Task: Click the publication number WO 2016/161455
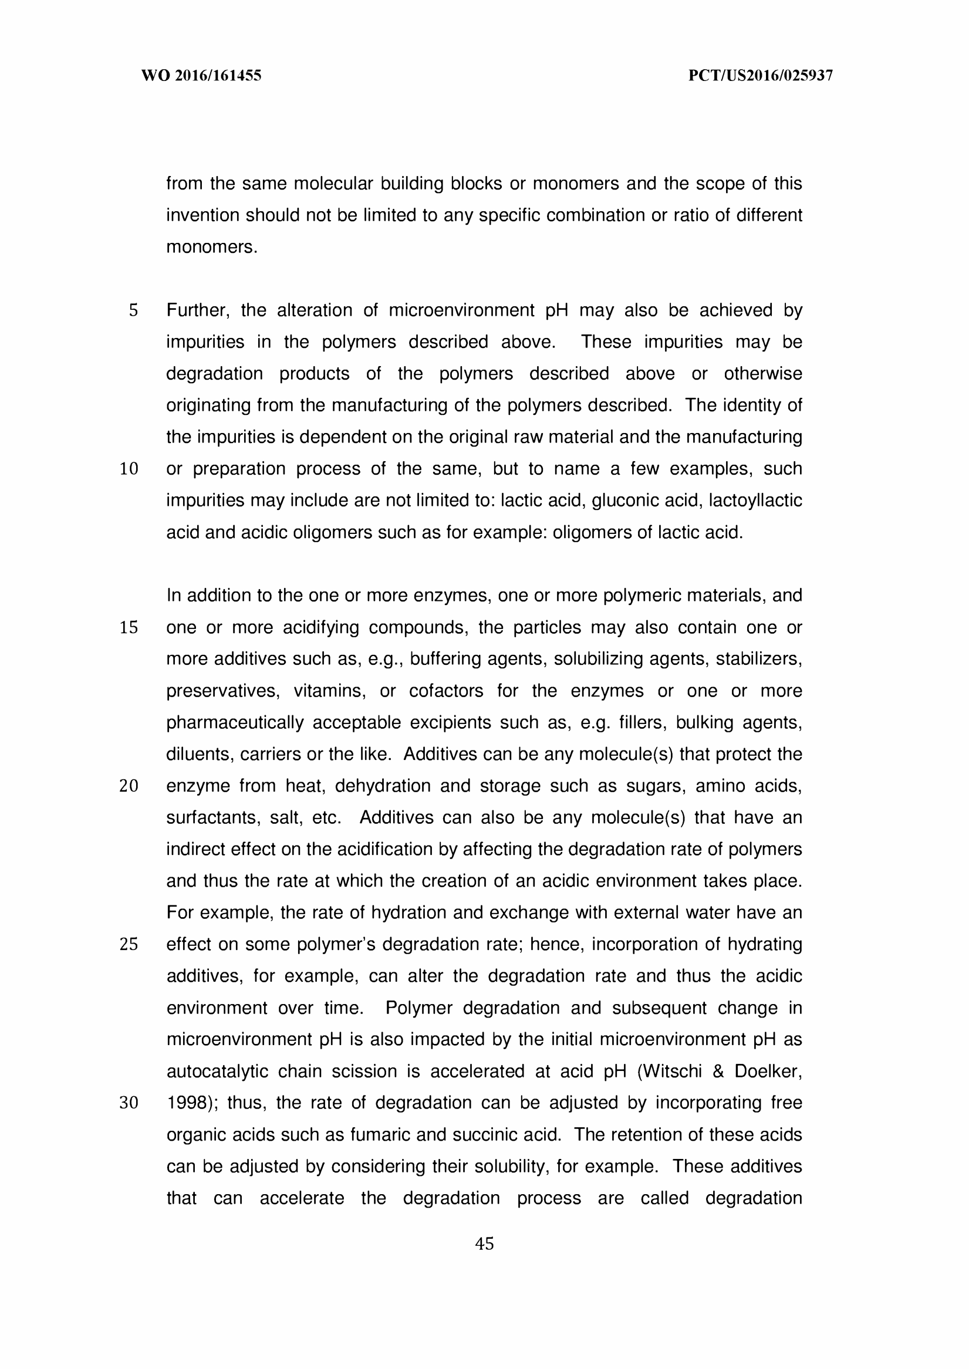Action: [201, 76]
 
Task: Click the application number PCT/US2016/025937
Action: [760, 76]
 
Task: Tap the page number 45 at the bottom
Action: [484, 1244]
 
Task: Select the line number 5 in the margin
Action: [133, 310]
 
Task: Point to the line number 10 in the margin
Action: [129, 469]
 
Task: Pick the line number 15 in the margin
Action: [129, 627]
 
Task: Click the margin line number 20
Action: [129, 786]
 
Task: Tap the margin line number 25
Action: [129, 945]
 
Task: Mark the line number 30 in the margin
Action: [129, 1104]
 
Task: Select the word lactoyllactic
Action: [755, 501]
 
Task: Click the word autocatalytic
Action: [217, 1072]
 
